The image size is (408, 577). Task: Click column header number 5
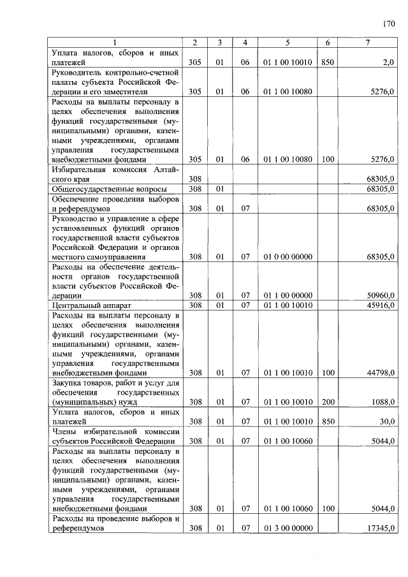[288, 43]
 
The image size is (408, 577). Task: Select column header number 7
[367, 43]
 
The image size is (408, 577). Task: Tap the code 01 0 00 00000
[288, 257]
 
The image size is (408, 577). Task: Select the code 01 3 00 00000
[288, 528]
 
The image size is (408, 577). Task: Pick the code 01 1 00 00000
[288, 296]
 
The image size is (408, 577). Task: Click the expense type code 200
[327, 402]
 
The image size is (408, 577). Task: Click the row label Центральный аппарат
[82, 306]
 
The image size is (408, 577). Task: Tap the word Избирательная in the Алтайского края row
[80, 170]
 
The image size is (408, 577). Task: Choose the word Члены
[66, 432]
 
